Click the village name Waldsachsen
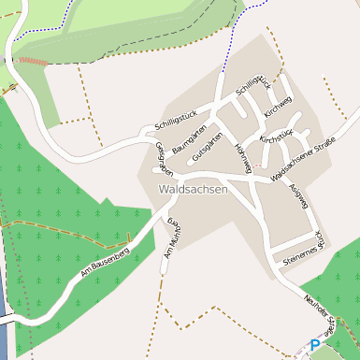tap(194, 190)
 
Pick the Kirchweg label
tap(278, 107)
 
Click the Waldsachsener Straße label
tap(302, 160)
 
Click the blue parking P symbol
tap(315, 346)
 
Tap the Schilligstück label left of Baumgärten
tap(169, 124)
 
